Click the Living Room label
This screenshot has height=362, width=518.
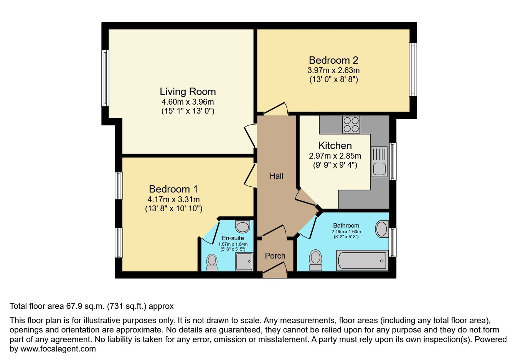click(x=188, y=92)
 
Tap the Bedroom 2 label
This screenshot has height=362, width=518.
click(x=333, y=60)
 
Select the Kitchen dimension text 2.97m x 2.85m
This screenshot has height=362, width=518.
click(x=335, y=156)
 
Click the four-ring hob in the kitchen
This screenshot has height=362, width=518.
click(x=351, y=125)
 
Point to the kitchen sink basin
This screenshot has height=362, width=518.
click(x=379, y=169)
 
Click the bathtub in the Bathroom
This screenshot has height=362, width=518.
click(x=362, y=260)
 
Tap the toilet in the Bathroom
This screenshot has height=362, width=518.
click(x=316, y=260)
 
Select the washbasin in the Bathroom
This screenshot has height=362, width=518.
click(x=382, y=229)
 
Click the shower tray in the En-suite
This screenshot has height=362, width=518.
click(x=244, y=262)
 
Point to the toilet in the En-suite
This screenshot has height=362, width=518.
click(x=212, y=263)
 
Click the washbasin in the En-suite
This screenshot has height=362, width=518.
click(x=243, y=226)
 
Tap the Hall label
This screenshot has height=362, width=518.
click(x=276, y=176)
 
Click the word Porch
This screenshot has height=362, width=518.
click(x=275, y=256)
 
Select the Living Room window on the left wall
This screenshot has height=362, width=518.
click(x=105, y=78)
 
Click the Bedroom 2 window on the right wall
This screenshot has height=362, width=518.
click(x=413, y=69)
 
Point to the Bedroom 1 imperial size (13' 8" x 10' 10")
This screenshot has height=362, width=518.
click(x=174, y=209)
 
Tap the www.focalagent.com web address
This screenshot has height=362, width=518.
click(x=58, y=349)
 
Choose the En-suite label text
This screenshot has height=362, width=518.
click(x=233, y=238)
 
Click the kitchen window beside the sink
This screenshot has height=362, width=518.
click(x=393, y=161)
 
